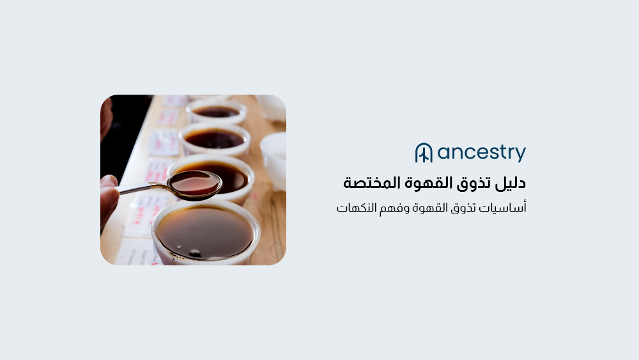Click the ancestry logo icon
[424, 153]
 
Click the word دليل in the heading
[512, 183]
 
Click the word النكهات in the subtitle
[357, 208]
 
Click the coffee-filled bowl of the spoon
[194, 184]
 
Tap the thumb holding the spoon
[109, 192]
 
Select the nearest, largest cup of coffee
[206, 231]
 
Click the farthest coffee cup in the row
[216, 111]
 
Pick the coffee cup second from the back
[214, 138]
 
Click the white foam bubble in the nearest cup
[194, 253]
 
